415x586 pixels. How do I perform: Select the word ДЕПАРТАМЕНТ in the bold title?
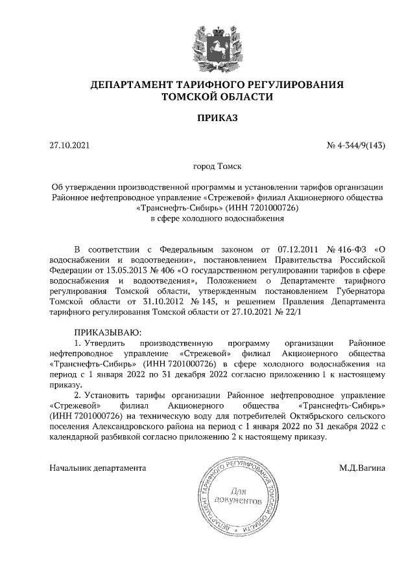(x=129, y=85)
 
